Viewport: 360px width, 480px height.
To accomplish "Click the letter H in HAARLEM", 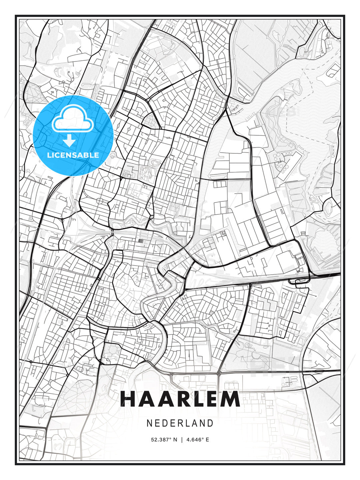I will click(x=128, y=399).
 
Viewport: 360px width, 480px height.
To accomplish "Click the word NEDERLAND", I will click(x=180, y=423).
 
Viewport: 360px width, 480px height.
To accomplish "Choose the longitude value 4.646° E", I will click(x=198, y=440).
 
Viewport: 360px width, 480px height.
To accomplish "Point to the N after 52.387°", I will click(x=175, y=440).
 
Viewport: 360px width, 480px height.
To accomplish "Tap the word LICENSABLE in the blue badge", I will click(x=73, y=155).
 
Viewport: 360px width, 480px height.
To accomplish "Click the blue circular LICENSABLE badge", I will click(x=73, y=135).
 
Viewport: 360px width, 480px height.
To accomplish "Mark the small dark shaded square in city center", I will click(x=140, y=240).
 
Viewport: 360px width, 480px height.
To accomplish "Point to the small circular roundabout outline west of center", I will click(x=99, y=201).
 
